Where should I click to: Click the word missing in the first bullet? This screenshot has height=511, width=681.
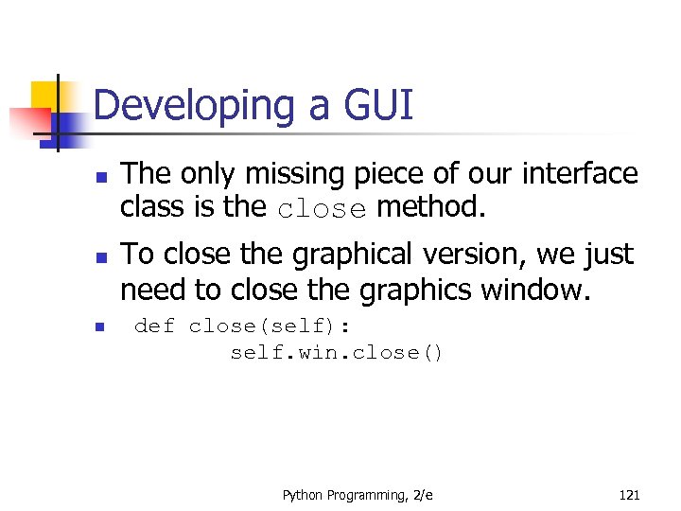click(306, 175)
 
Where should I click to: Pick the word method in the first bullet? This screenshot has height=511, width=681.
click(431, 207)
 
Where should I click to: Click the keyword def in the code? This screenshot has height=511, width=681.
click(154, 326)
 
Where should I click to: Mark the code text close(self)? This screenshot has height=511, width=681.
click(269, 326)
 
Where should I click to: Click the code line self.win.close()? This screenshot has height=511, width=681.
click(337, 353)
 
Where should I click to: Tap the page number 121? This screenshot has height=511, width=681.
click(629, 495)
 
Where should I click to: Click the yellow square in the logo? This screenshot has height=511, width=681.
click(45, 96)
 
